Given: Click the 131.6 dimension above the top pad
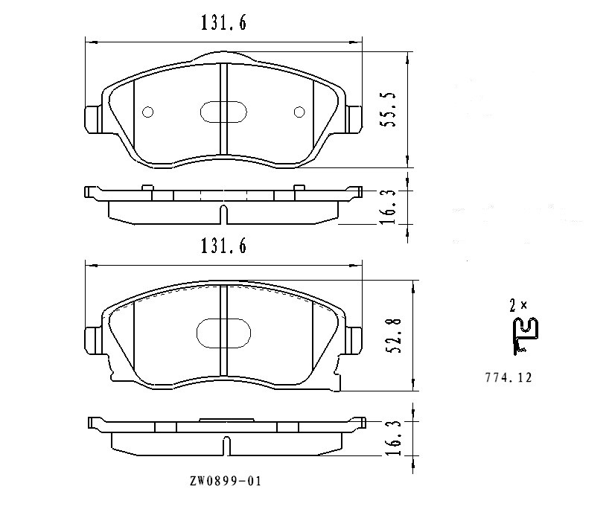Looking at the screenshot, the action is click(x=223, y=22).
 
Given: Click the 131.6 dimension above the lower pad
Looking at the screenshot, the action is click(x=223, y=246).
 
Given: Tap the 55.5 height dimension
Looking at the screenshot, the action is click(x=389, y=109).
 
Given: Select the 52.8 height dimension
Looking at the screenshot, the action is click(x=393, y=336).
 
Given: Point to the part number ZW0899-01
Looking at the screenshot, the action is click(x=225, y=481).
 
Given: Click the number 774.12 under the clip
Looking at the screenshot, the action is click(x=509, y=377).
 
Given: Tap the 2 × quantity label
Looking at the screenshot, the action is click(x=518, y=305).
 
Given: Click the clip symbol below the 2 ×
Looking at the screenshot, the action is click(x=526, y=336).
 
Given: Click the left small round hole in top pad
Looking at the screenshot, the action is click(x=148, y=112).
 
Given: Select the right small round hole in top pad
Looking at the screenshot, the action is click(x=299, y=112).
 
